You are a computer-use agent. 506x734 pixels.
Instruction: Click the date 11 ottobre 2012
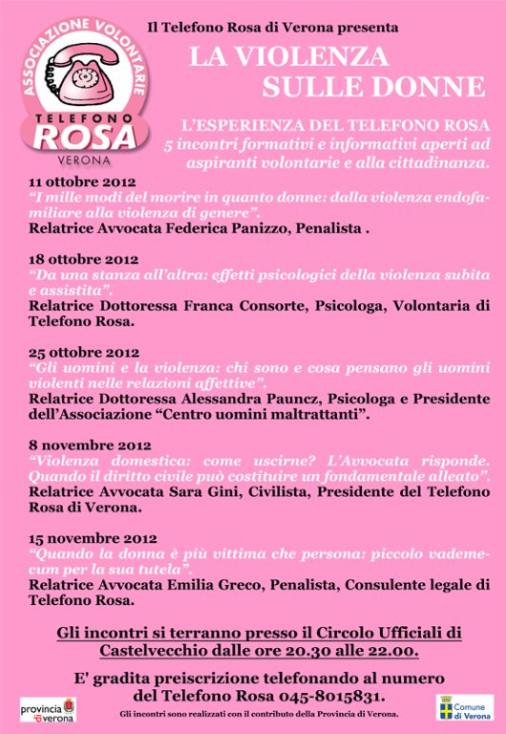[x=82, y=181]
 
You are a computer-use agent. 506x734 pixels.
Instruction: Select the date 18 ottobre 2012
[x=84, y=259]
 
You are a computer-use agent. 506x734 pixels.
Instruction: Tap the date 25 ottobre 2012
[x=84, y=352]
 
